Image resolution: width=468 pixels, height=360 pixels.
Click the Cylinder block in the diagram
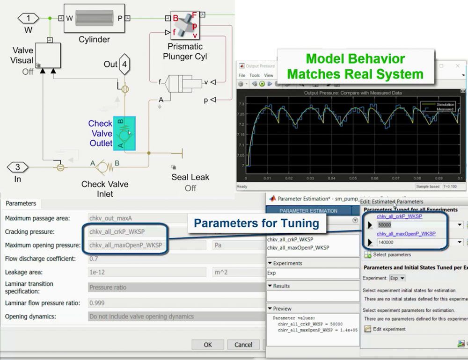pos(94,18)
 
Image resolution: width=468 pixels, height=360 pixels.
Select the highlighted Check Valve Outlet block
pos(124,133)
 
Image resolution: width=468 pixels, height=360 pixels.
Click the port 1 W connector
pos(29,18)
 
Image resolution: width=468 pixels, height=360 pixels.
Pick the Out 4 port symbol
pos(124,64)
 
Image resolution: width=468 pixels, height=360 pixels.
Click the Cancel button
pos(243,345)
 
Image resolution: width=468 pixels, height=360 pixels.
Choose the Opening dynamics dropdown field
pos(175,317)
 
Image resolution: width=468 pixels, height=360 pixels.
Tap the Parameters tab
pos(21,203)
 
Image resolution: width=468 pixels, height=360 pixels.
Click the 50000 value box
pos(412,225)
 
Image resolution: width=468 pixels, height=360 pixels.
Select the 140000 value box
pos(412,242)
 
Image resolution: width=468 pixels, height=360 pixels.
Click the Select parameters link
pos(392,255)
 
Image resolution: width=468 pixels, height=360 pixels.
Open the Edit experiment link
pos(389,329)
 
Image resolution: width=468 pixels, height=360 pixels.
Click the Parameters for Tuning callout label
pos(256,223)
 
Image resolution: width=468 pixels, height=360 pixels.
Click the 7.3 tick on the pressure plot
pos(241,104)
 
